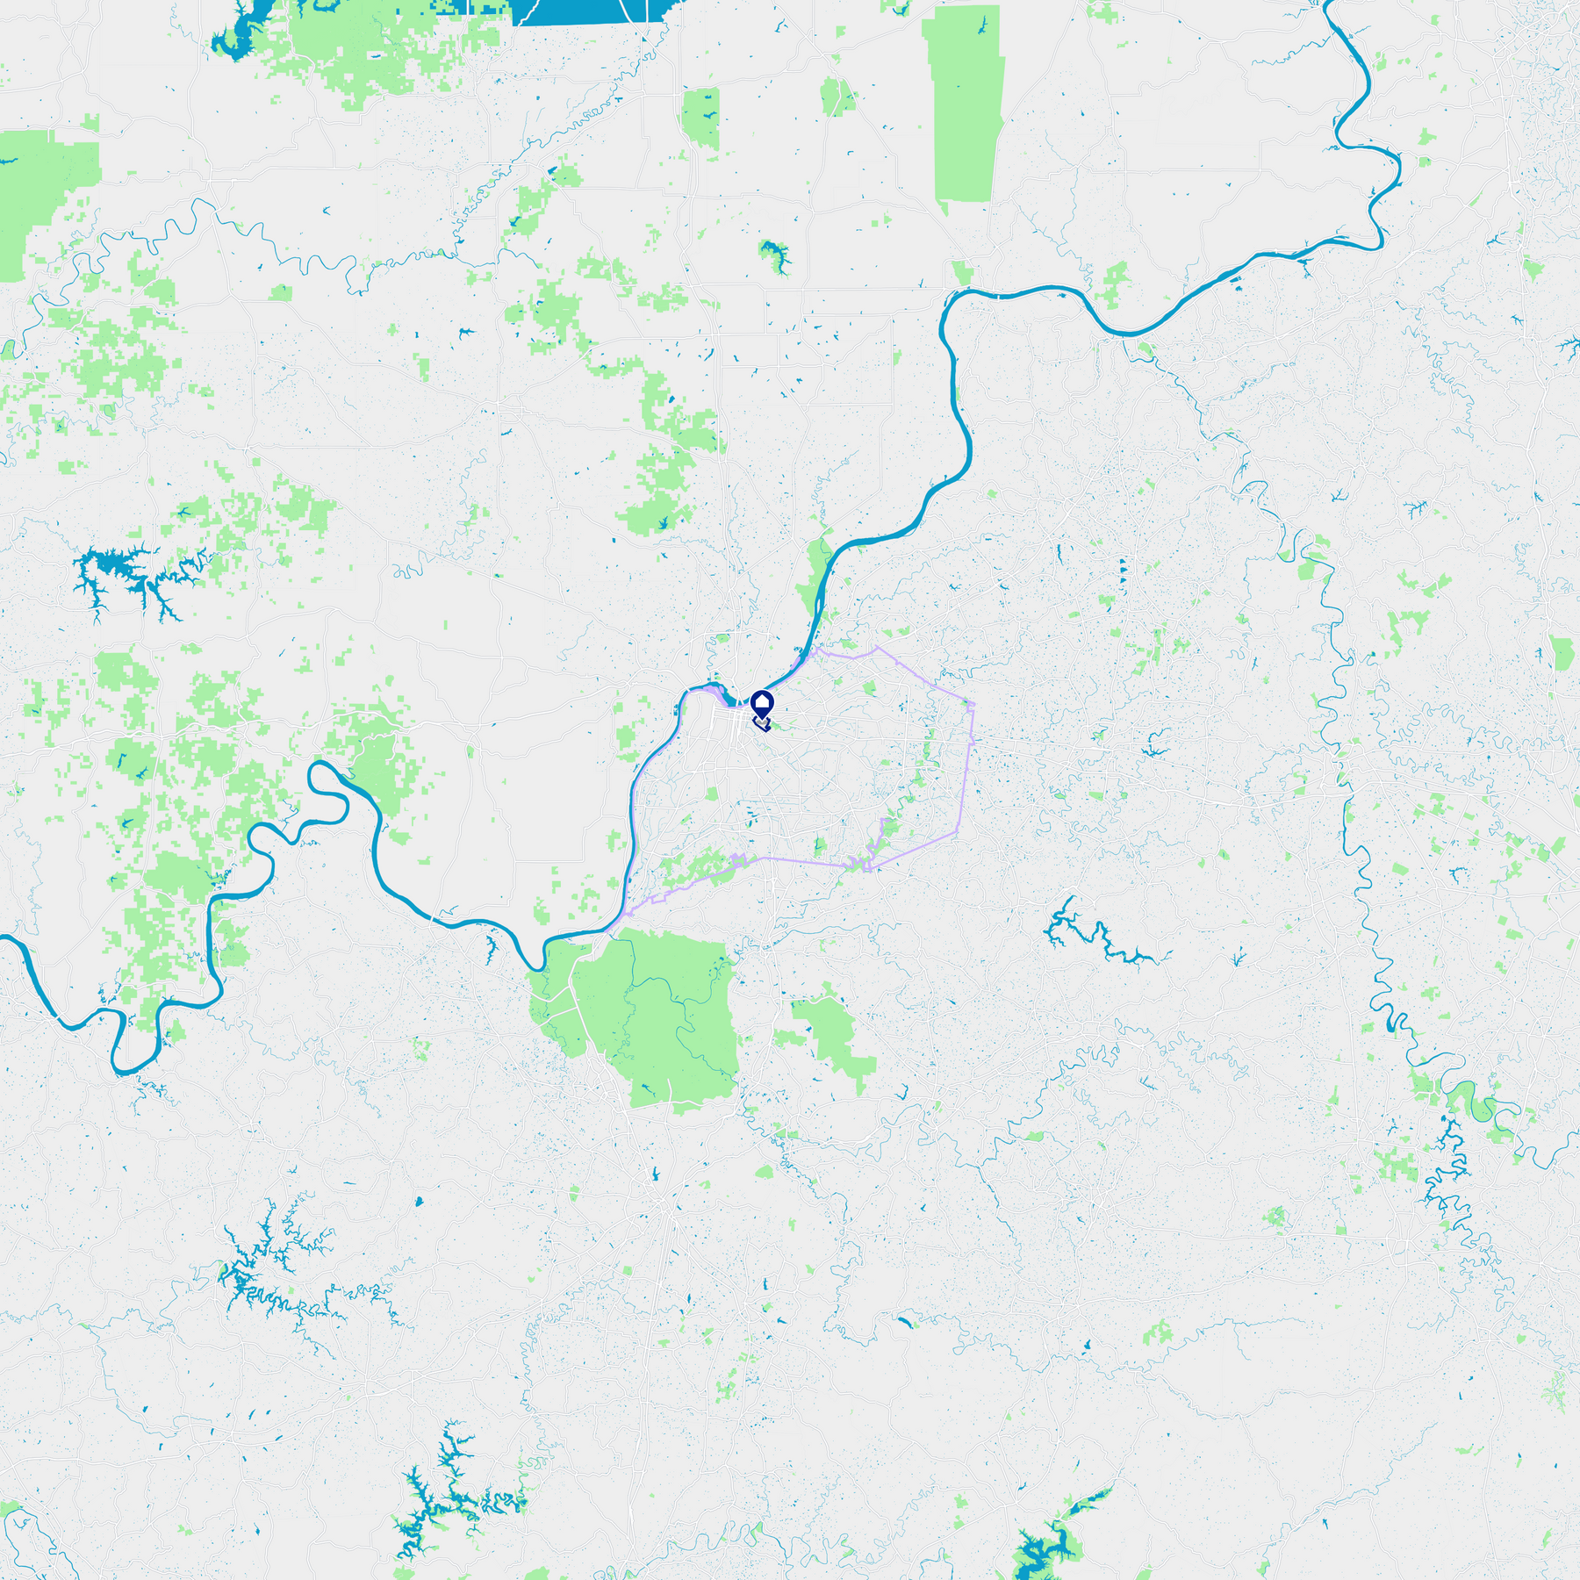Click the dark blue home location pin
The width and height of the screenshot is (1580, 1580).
click(x=762, y=703)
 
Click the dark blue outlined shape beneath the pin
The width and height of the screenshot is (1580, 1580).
click(x=762, y=725)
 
